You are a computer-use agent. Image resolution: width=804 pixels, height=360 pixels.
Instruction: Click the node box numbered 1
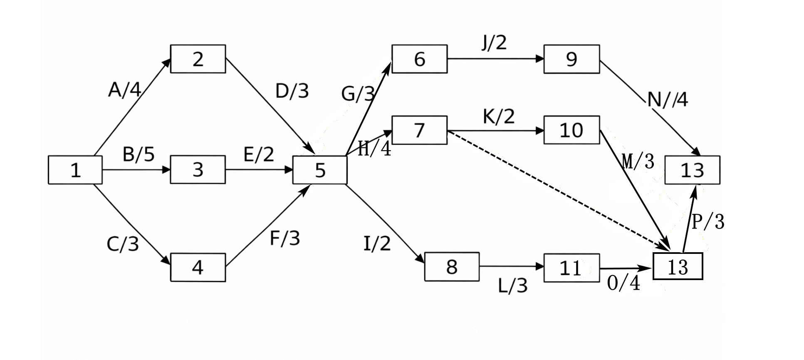tap(75, 170)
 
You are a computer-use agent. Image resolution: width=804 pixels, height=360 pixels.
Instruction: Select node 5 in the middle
tap(320, 170)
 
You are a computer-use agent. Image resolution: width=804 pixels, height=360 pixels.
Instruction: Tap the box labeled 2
tap(198, 59)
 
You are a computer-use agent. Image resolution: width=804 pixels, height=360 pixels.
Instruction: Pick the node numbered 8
tap(452, 267)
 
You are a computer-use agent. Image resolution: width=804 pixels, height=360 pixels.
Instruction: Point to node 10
tap(572, 130)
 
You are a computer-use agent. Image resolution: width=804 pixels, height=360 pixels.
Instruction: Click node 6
tap(420, 59)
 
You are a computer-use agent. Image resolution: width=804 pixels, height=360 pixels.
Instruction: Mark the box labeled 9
tap(572, 59)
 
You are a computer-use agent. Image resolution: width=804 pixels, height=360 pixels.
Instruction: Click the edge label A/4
tap(125, 89)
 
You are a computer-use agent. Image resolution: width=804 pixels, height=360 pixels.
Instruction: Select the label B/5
tap(139, 154)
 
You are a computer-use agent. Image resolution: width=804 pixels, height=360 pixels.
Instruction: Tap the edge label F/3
tap(285, 238)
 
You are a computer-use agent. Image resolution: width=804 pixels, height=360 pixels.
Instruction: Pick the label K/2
tap(499, 117)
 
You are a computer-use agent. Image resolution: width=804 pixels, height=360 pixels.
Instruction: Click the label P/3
tap(708, 221)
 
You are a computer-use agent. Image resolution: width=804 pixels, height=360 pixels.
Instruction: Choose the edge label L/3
tap(513, 286)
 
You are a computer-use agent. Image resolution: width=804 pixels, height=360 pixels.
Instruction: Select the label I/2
tap(377, 243)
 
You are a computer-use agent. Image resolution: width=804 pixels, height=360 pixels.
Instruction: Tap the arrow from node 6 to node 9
tap(496, 59)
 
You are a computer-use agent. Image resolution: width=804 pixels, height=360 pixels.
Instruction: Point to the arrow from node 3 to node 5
tap(259, 170)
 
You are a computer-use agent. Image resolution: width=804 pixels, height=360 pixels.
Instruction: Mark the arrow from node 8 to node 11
tap(512, 266)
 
